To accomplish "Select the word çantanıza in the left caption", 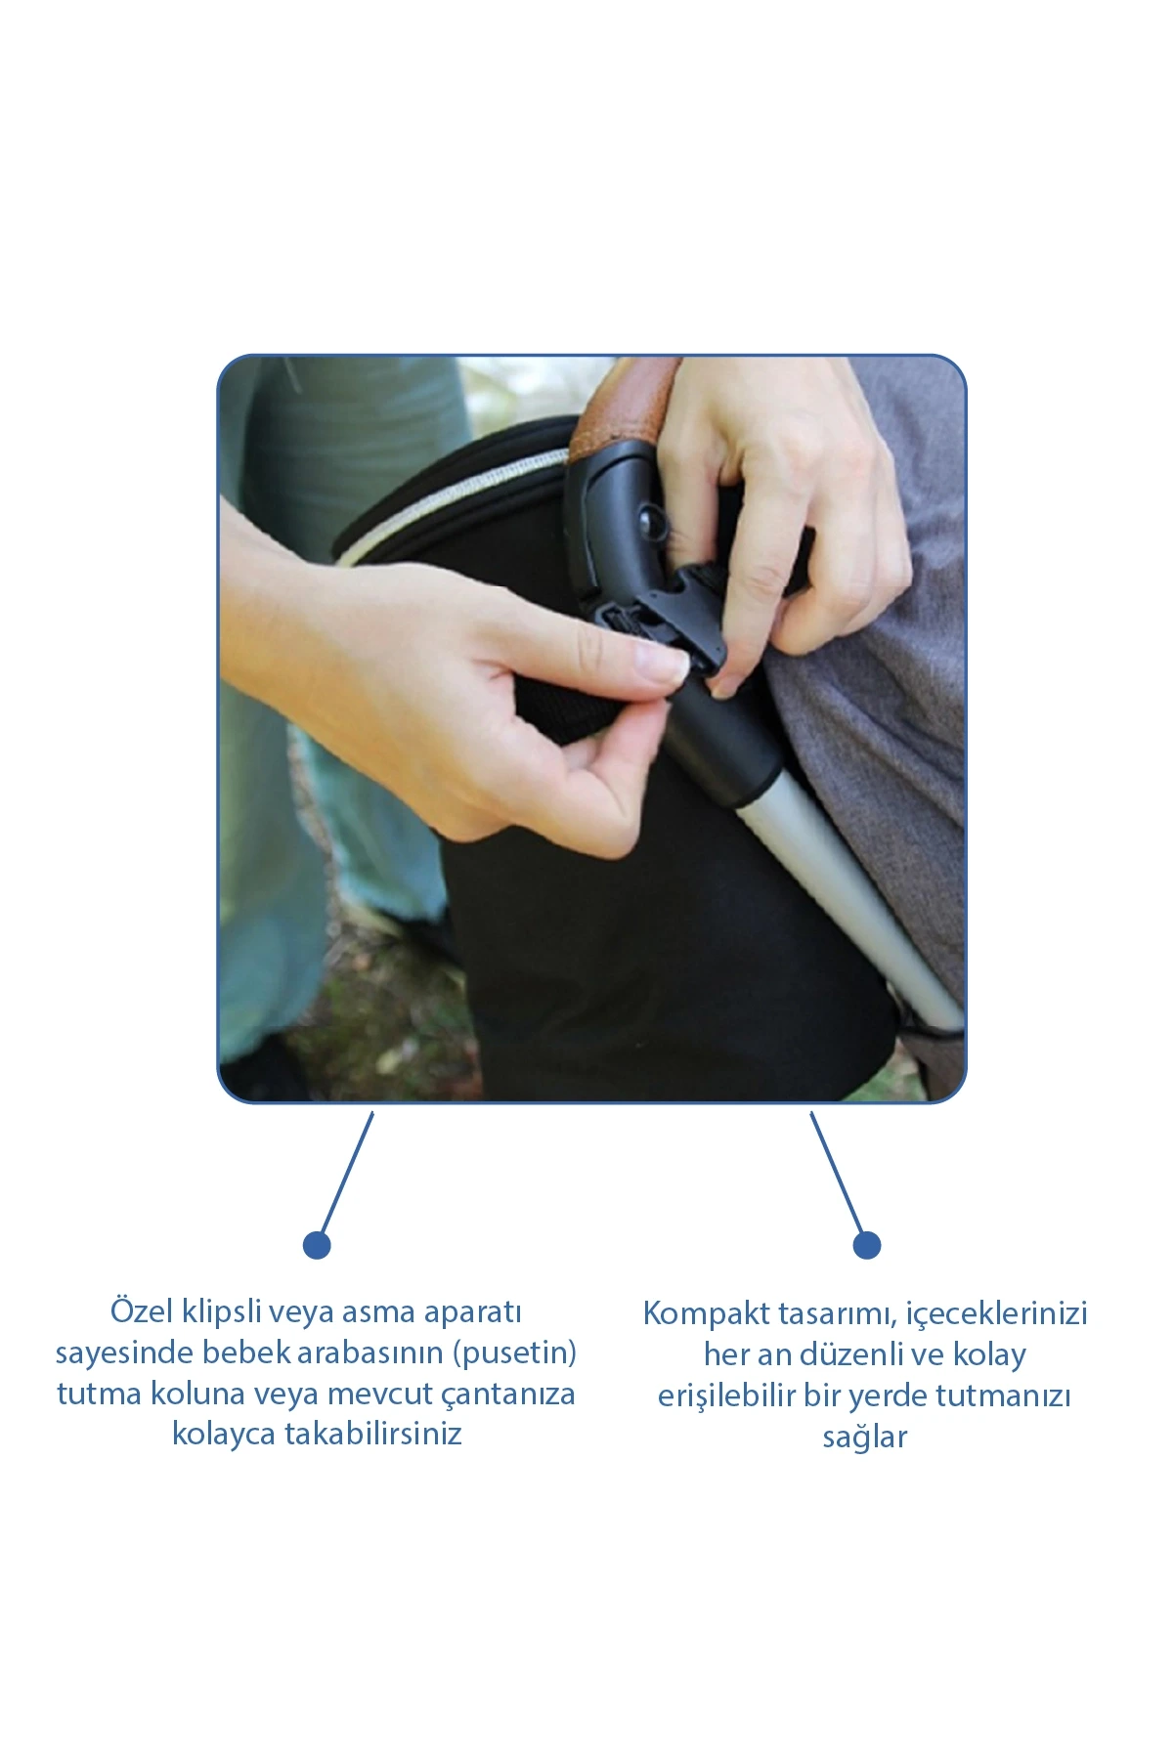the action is (x=508, y=1395).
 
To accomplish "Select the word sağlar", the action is (x=865, y=1438).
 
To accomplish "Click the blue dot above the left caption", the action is (x=317, y=1245).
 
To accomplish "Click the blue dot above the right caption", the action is (x=867, y=1245).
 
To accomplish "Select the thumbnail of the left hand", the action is (x=663, y=666).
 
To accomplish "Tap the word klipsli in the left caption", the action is (x=221, y=1311).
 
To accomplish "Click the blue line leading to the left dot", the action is (x=346, y=1174).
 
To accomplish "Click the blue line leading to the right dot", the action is (x=837, y=1174).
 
